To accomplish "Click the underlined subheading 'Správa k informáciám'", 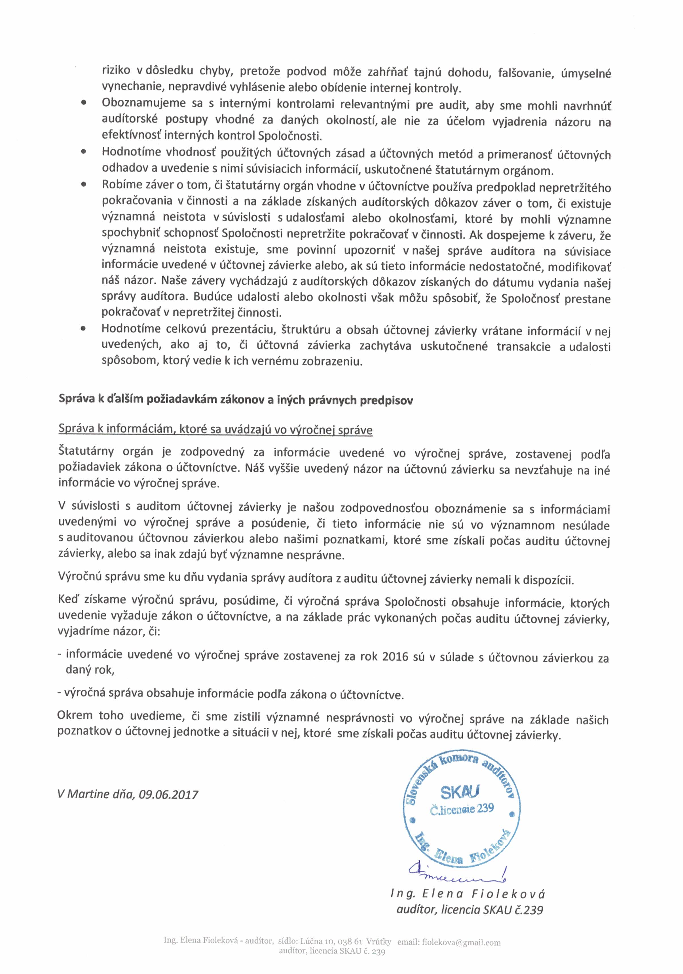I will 215,429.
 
